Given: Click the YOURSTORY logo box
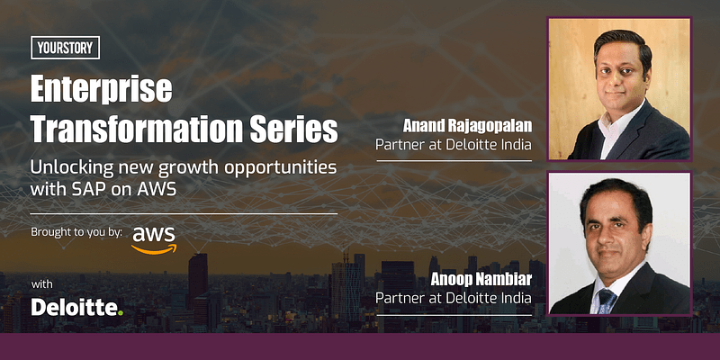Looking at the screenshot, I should (x=66, y=48).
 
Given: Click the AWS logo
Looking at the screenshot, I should (x=154, y=238).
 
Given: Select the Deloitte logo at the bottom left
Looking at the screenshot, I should (x=76, y=308).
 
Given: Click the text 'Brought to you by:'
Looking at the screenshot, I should (x=76, y=232).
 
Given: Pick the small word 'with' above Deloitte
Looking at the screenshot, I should (x=42, y=284).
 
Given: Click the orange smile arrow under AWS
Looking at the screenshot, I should (x=154, y=248).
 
